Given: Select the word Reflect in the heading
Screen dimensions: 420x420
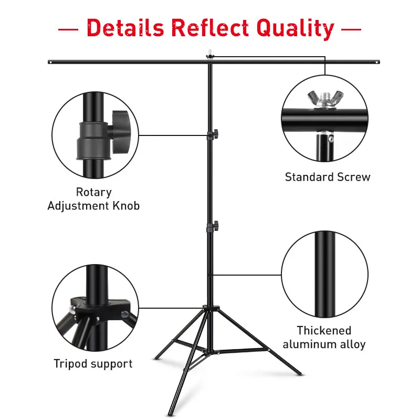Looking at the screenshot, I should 209,27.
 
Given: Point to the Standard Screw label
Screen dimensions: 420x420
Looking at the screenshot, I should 328,177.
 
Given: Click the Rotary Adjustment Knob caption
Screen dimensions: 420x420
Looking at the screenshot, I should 94,199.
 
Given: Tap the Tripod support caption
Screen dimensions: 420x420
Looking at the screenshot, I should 93,363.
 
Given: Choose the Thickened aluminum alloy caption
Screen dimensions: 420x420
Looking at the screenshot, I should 324,338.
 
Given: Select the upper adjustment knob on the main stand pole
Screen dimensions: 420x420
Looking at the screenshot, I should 215,134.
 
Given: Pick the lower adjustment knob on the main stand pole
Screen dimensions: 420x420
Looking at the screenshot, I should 215,227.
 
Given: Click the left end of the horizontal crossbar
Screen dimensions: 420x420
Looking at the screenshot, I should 49,62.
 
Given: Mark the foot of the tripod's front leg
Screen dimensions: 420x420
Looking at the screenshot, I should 169,414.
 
